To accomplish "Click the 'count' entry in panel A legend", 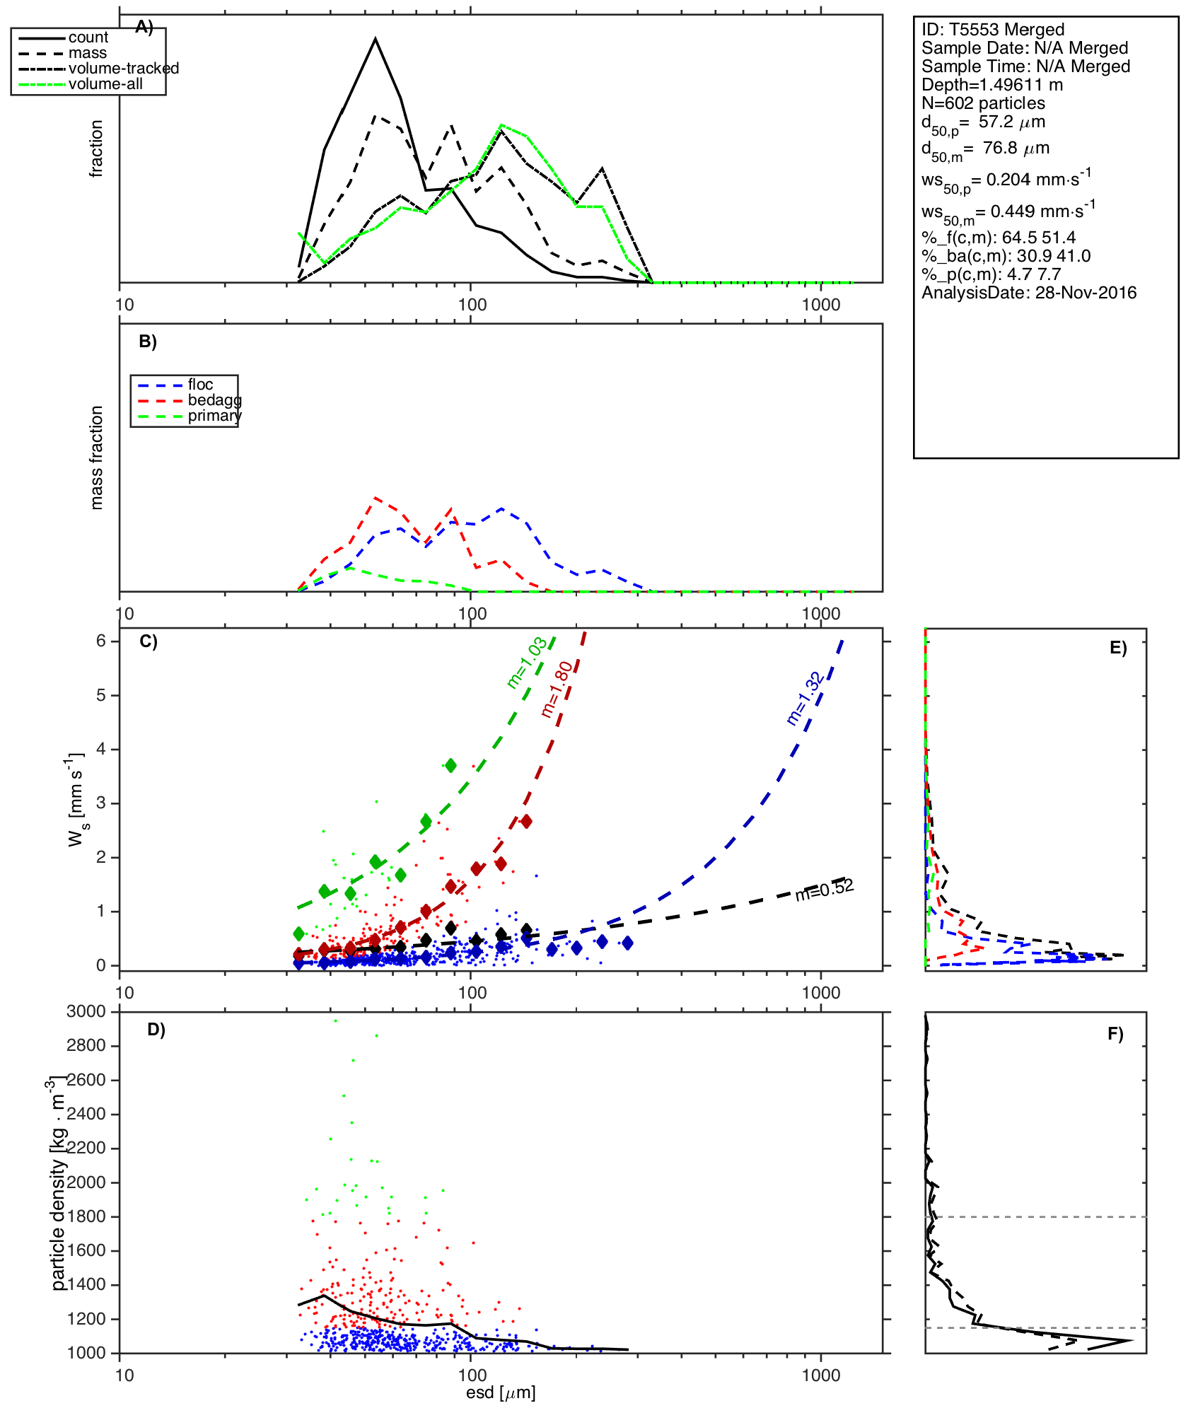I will pos(88,37).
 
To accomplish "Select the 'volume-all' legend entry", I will pos(105,84).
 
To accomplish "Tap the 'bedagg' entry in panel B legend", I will pos(214,400).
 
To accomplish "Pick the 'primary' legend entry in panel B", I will pos(214,416).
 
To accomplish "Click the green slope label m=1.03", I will pos(527,662).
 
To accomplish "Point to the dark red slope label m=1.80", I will pos(557,690).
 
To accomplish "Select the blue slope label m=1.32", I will pos(805,698).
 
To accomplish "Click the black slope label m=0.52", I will pos(824,890).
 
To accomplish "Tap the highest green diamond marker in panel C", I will pos(451,765).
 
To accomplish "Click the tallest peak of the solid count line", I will pos(376,39).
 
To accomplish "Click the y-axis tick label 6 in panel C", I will pos(101,641).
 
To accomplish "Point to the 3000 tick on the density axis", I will pos(86,1012).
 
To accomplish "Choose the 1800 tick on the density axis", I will pos(86,1216).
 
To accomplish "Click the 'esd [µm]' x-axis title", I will pos(501,1392).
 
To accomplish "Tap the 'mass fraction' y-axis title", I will pos(97,458).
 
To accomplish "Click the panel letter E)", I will pos(1118,648).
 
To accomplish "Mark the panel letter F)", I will pos(1115,1034).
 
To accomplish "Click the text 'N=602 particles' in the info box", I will pos(983,103).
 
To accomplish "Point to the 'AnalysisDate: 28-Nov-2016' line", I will pos(1029,293).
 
